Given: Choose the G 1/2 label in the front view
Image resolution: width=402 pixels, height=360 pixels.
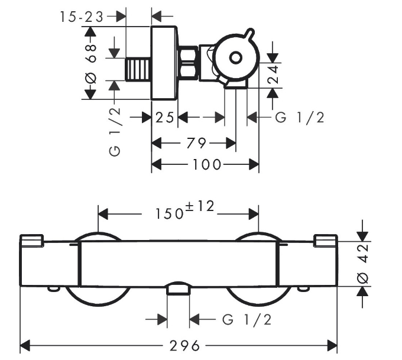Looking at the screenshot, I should click(247, 320).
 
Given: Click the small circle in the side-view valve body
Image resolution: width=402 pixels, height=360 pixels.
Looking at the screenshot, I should click(235, 58).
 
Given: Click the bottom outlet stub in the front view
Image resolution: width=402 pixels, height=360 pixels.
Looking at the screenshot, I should click(177, 289).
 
